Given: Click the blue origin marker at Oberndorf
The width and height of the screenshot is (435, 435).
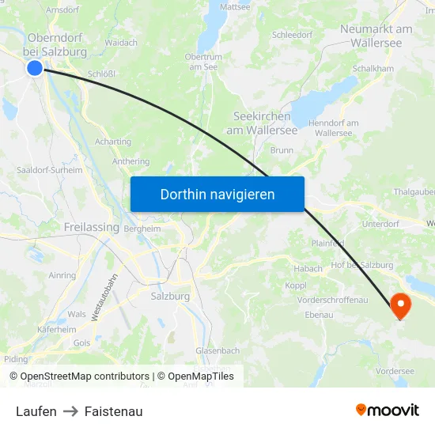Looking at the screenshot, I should point(34,68).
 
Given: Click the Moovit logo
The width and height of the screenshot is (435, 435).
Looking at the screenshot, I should point(388,410).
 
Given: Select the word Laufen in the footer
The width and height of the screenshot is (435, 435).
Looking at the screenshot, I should point(36,411).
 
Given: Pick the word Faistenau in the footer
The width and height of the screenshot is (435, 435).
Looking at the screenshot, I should point(113,411).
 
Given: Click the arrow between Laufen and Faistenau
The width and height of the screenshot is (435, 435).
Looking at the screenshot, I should point(70,411).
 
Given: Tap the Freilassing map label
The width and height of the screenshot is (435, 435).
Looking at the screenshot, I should point(91,227).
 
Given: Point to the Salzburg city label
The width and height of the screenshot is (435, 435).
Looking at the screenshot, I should point(169,296).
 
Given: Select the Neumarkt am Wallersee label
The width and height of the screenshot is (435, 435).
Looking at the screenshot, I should point(376,36).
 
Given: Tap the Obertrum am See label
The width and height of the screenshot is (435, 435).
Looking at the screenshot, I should point(202,62).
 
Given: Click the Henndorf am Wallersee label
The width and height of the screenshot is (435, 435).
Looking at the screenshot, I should point(333,128).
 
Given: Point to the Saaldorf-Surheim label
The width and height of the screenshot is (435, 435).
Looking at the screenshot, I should point(49,169).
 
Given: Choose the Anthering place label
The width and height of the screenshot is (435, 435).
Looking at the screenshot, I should point(130,161).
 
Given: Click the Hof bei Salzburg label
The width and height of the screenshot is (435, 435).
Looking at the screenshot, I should point(362,265).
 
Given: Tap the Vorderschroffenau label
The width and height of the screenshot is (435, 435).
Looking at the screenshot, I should point(332,300).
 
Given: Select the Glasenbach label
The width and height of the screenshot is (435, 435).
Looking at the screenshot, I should point(217,350).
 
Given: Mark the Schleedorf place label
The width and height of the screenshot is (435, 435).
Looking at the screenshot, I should point(292,35).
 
